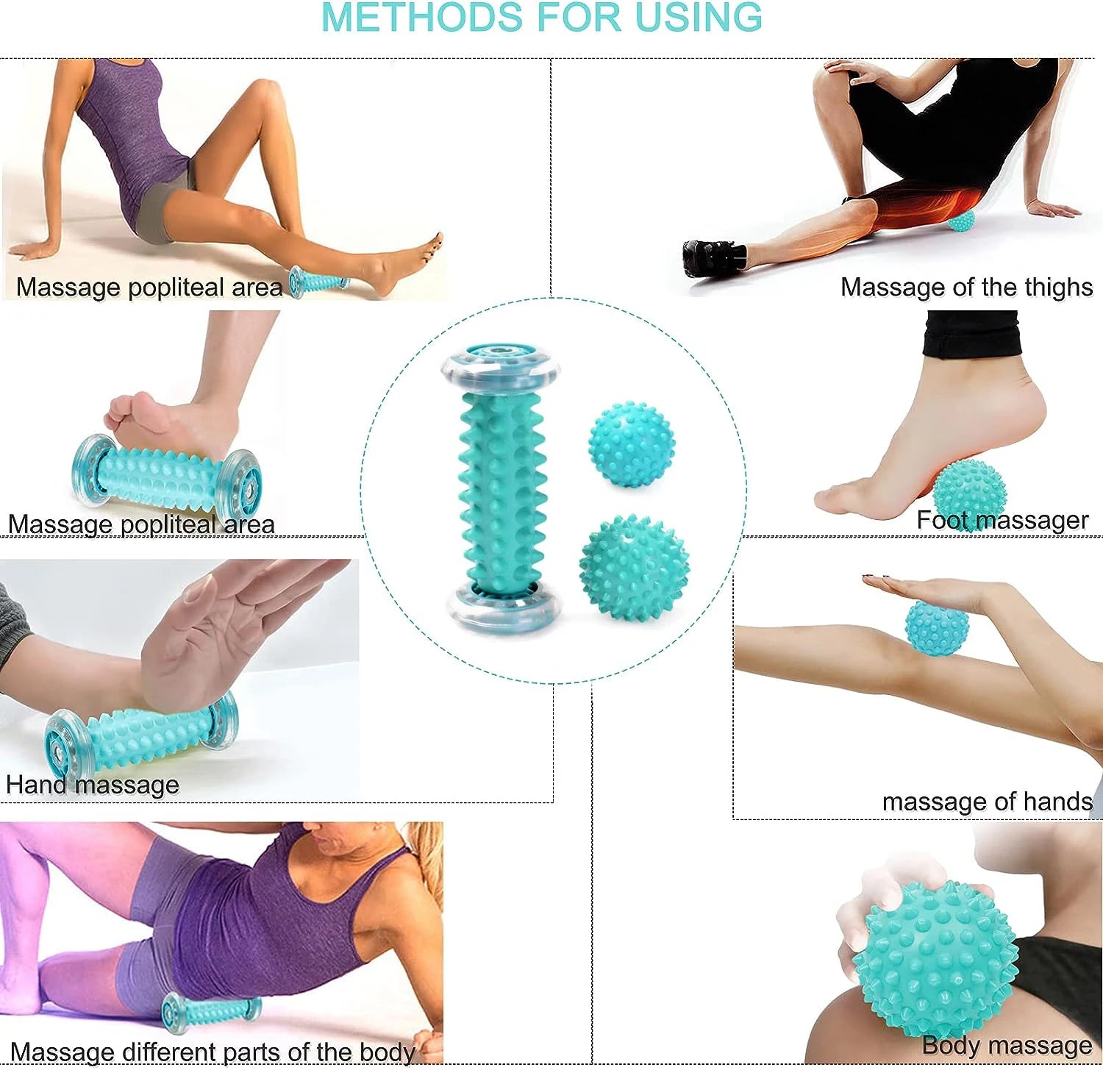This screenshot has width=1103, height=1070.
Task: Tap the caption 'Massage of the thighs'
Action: click(x=966, y=287)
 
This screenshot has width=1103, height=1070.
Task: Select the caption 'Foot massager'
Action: click(x=1002, y=520)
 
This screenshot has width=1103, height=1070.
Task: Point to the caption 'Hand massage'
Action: click(x=93, y=785)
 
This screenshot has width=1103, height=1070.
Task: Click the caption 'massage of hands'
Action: click(x=987, y=802)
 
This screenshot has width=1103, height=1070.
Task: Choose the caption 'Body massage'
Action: click(x=1006, y=1045)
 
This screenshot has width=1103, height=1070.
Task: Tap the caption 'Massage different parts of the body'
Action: click(x=213, y=1052)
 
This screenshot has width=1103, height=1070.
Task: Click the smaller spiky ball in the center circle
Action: click(x=631, y=443)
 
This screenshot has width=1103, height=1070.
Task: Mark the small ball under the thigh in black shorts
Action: click(x=960, y=221)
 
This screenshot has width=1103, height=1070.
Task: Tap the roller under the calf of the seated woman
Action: click(x=318, y=281)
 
